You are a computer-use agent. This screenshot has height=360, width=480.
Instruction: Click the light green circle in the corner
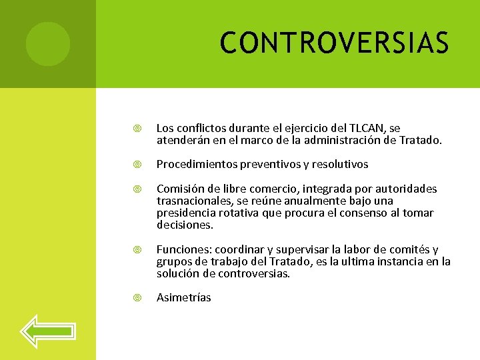click(47, 44)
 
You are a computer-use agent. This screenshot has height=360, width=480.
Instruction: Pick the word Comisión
click(179, 189)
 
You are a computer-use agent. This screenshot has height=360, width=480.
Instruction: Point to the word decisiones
click(185, 225)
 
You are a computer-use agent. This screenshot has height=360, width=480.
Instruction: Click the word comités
click(407, 249)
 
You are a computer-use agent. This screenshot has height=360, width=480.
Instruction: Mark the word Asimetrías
click(183, 297)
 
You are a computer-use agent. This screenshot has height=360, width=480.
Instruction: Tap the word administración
click(341, 139)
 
